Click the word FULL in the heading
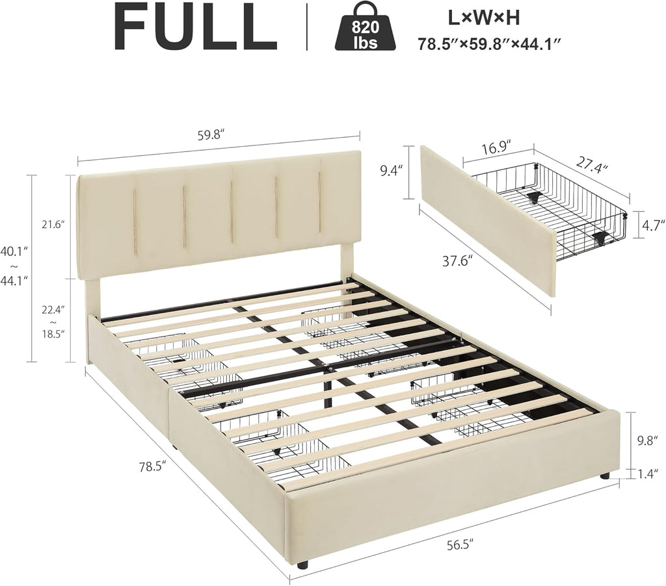pos(196,26)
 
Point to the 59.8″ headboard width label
pos(211,135)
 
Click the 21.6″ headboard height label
pos(53,224)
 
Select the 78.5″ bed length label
pos(152,467)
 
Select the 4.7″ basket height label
pos(648,224)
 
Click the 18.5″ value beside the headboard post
pos(53,334)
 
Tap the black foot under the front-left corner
pos(302,565)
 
